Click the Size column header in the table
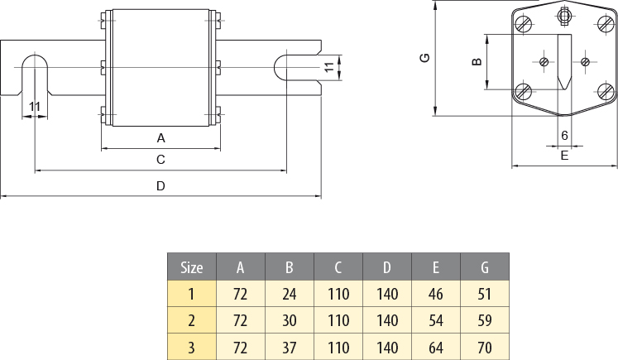(191, 267)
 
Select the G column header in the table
(484, 267)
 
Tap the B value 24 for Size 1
(289, 293)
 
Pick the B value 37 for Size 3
(289, 347)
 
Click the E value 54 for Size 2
(435, 319)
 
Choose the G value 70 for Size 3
(484, 347)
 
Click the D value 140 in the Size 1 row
(386, 293)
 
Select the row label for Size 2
(191, 319)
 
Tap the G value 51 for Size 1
(484, 293)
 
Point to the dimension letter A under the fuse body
(160, 137)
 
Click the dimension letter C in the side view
(160, 159)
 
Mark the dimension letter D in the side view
(160, 186)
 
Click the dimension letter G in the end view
(424, 58)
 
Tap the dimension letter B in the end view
(476, 61)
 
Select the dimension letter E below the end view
(564, 155)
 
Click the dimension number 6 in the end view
(564, 135)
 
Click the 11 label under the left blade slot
(34, 106)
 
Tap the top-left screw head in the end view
(523, 24)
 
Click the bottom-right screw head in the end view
(604, 91)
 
